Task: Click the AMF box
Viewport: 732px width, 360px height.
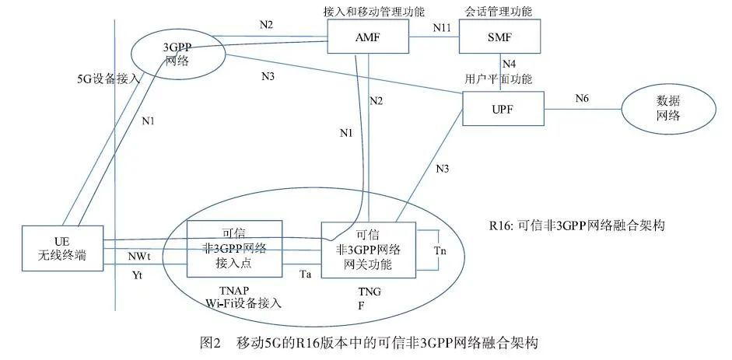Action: tap(368, 36)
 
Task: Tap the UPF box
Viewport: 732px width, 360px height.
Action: tap(500, 109)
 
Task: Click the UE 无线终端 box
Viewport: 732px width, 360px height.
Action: tap(63, 248)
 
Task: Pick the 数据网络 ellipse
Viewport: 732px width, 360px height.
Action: tap(658, 108)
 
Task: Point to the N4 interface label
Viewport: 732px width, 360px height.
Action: tap(508, 64)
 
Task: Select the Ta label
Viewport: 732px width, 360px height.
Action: tap(306, 273)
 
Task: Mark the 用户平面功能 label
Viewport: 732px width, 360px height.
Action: tap(493, 78)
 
